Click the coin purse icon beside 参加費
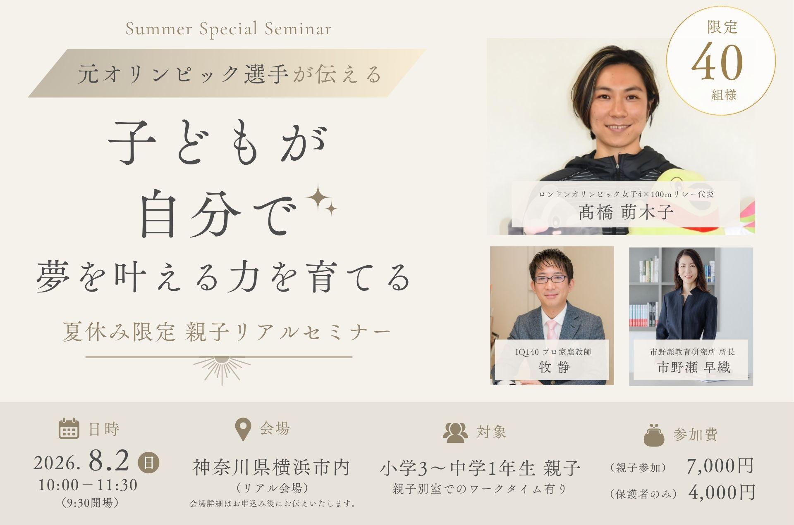click(x=654, y=435)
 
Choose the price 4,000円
click(x=722, y=492)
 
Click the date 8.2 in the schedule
click(x=109, y=462)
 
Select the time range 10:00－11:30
click(x=88, y=485)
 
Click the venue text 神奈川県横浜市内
click(x=271, y=468)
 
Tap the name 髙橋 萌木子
click(x=626, y=212)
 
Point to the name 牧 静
click(x=554, y=367)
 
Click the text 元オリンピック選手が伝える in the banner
click(x=230, y=74)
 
